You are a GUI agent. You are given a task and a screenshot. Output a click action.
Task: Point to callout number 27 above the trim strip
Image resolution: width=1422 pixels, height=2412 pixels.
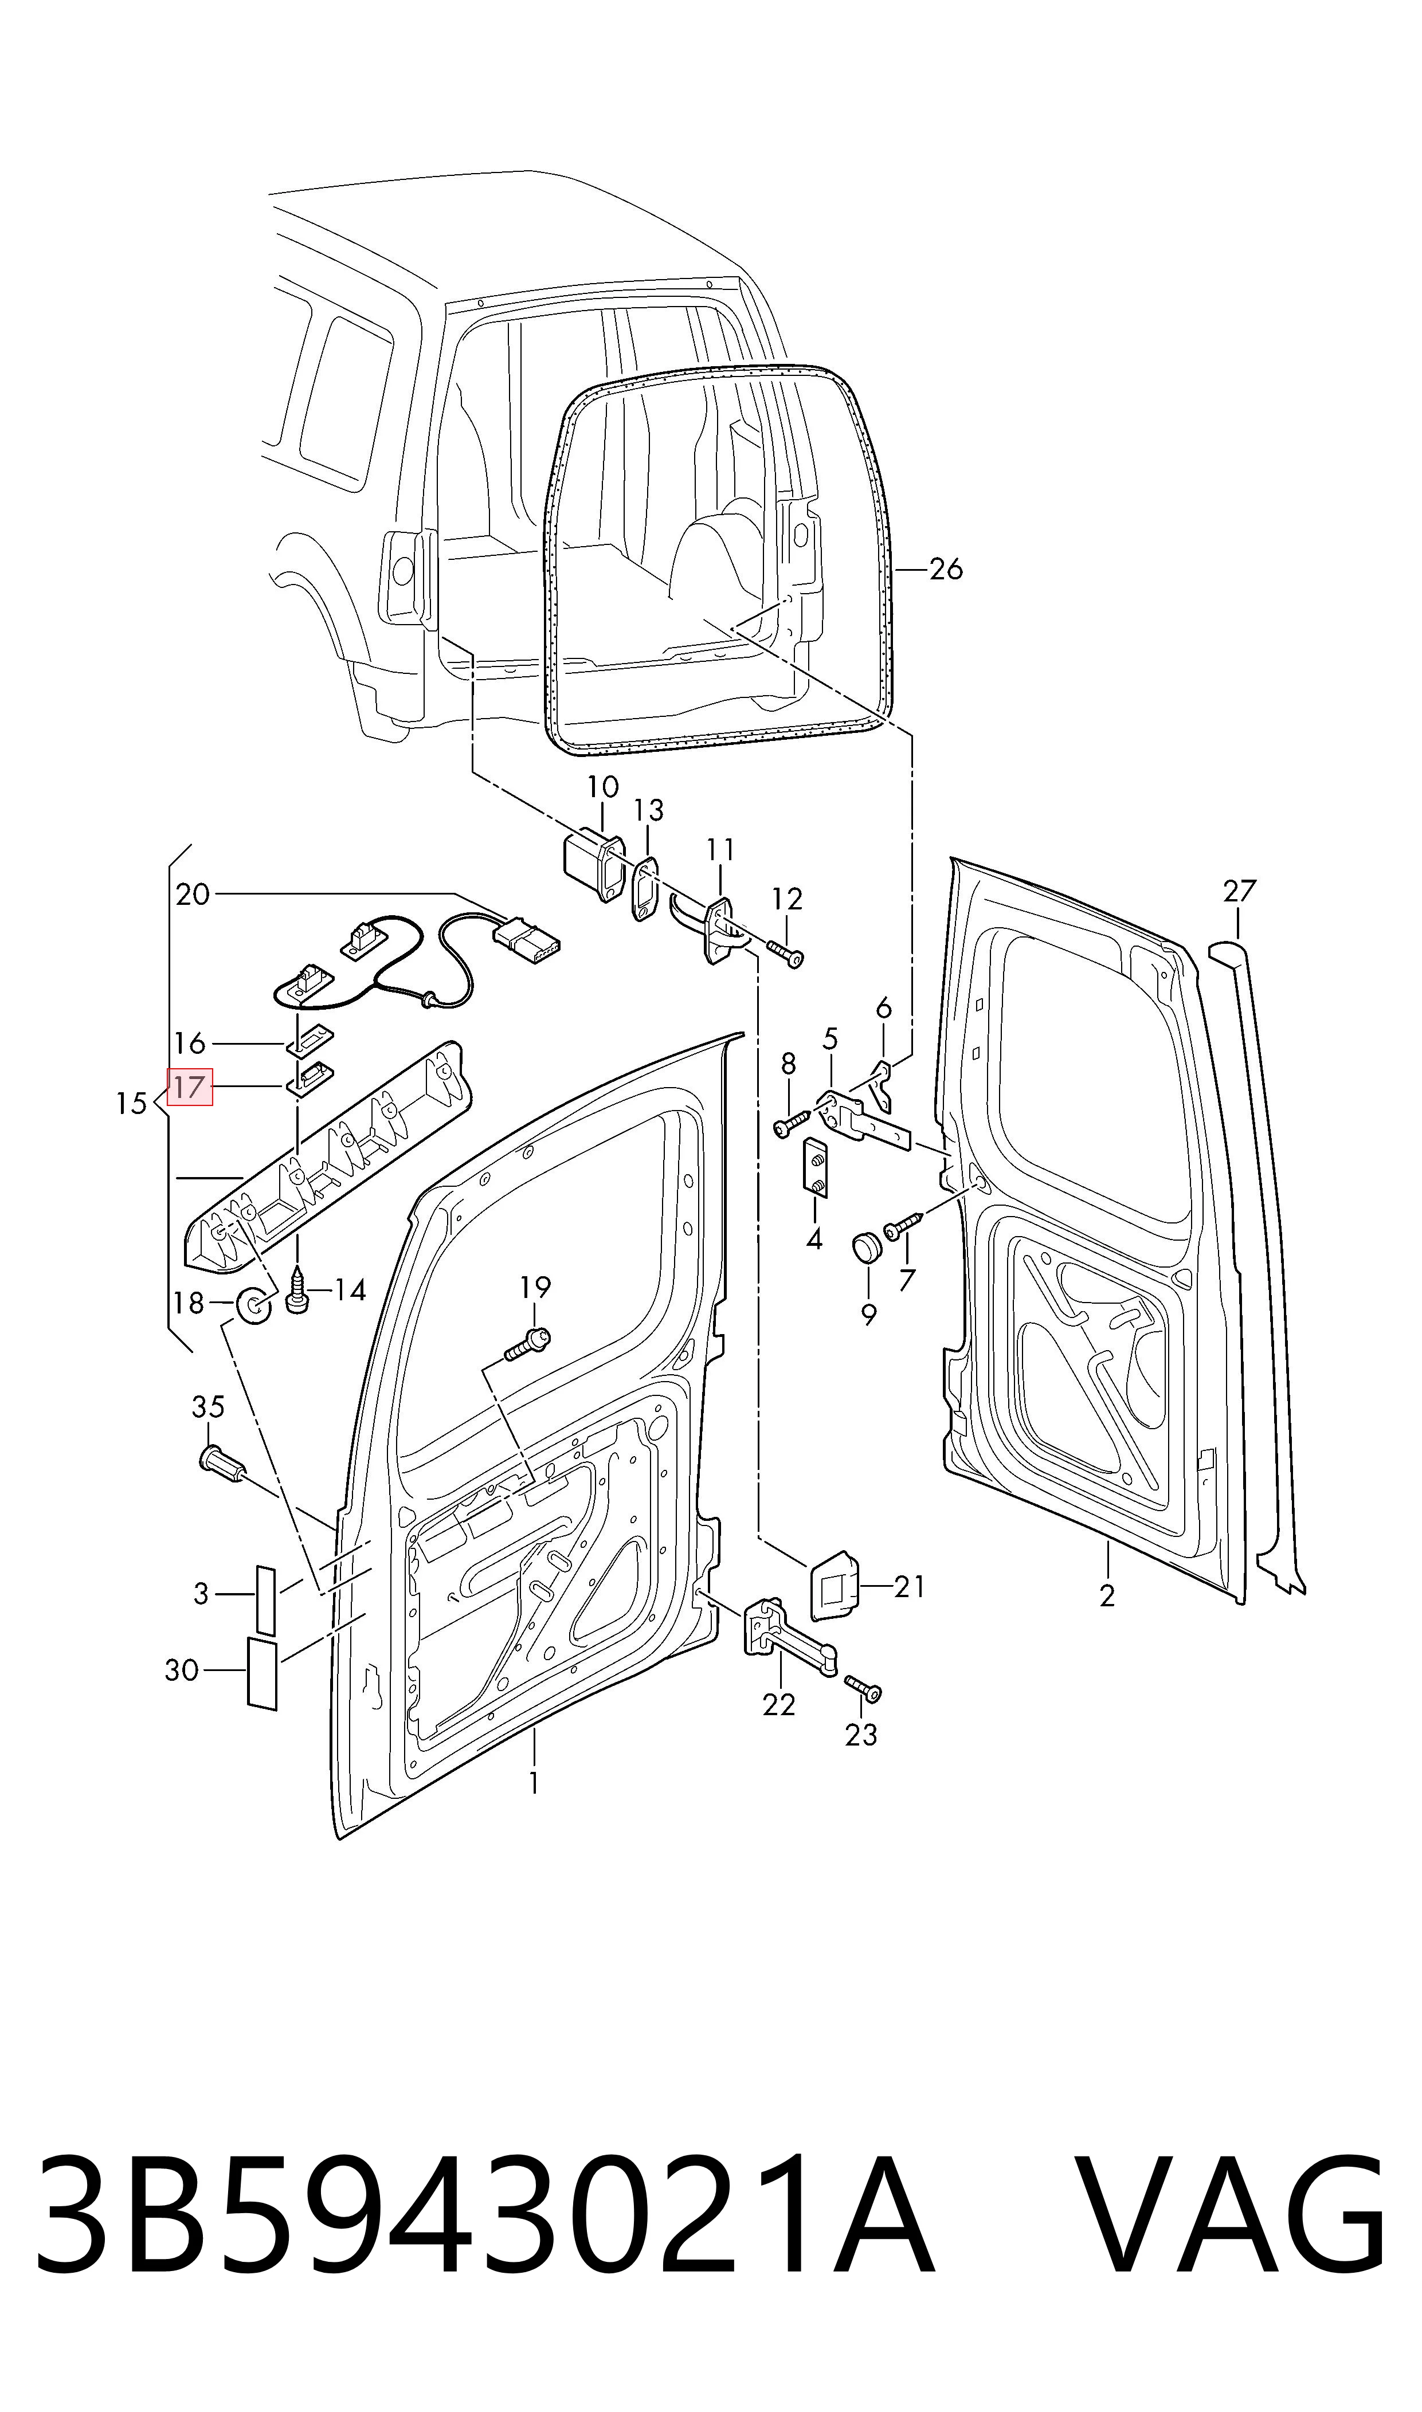(x=1239, y=892)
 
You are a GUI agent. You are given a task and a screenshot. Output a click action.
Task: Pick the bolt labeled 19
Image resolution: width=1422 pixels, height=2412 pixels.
(x=526, y=1344)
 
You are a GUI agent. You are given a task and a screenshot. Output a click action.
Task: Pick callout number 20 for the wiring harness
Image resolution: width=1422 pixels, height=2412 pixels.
(x=193, y=895)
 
